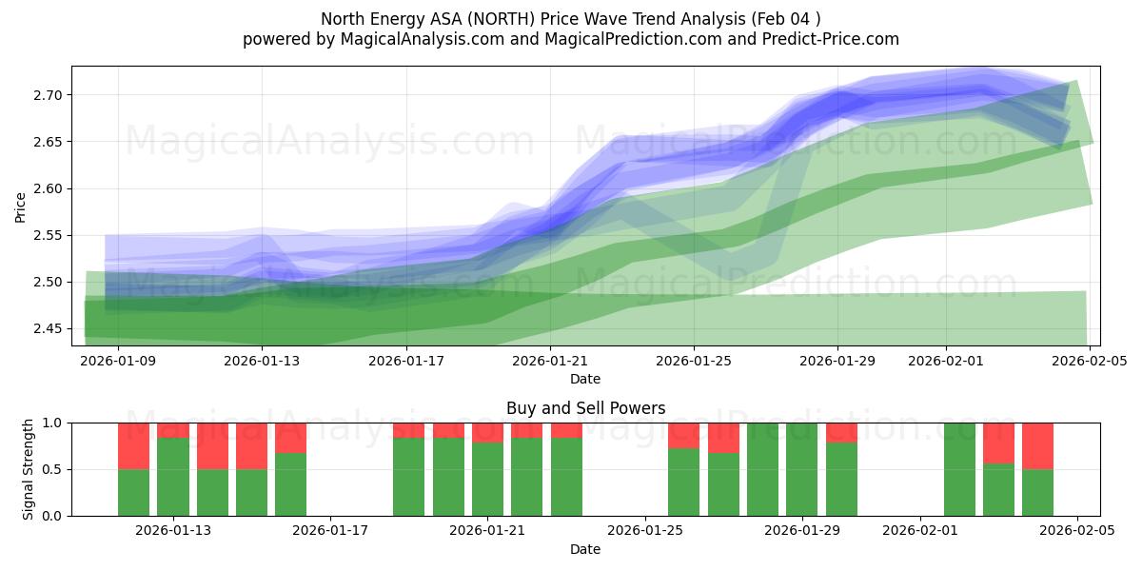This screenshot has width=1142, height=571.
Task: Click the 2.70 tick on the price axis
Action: click(48, 95)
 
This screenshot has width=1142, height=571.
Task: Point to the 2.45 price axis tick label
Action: click(48, 329)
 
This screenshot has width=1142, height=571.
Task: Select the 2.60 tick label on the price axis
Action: click(48, 188)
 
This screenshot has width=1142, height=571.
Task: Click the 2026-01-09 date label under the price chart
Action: click(119, 361)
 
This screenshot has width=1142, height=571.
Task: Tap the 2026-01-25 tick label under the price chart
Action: click(693, 361)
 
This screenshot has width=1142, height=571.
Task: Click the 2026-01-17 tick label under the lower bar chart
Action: click(331, 531)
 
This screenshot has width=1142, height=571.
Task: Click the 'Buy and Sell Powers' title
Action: click(585, 408)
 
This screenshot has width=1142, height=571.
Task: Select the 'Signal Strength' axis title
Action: click(29, 469)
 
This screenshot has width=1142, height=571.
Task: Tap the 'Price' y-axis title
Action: click(21, 206)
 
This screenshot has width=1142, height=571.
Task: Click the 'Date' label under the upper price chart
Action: click(585, 379)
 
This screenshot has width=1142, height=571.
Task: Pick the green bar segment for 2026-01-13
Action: click(173, 477)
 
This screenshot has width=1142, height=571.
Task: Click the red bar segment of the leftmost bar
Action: click(133, 445)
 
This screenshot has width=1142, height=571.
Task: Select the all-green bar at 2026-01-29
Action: click(802, 469)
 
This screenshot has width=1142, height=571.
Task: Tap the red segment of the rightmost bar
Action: click(1037, 445)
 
